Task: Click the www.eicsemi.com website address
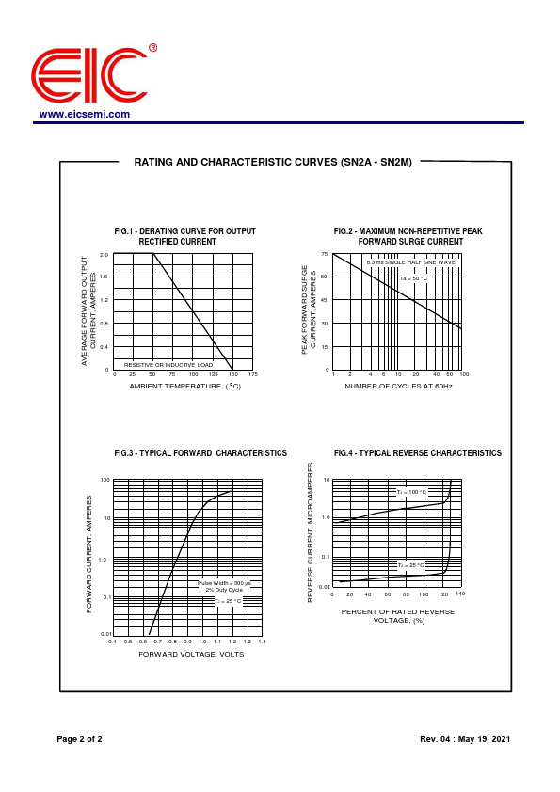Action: tap(85, 114)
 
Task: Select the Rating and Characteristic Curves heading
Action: tap(273, 162)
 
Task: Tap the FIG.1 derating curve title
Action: tap(184, 236)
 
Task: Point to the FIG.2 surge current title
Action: tap(408, 236)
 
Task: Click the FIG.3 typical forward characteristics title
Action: tap(200, 453)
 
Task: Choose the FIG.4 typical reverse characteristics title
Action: tap(418, 453)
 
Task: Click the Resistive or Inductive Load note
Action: tap(168, 365)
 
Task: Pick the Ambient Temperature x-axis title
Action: tap(185, 386)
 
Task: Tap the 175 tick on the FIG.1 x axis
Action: tap(252, 374)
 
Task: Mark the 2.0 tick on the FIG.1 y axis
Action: tap(104, 255)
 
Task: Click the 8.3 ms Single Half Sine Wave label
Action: tap(410, 262)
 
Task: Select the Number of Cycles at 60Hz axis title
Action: tap(398, 386)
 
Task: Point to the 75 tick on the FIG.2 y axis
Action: tap(324, 255)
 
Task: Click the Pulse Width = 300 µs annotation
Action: tap(224, 583)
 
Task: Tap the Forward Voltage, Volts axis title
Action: tap(191, 654)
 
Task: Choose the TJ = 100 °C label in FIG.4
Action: tap(411, 492)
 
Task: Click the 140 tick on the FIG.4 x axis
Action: tap(460, 594)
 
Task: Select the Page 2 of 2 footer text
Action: tap(79, 739)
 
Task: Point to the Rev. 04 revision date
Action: tap(465, 739)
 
